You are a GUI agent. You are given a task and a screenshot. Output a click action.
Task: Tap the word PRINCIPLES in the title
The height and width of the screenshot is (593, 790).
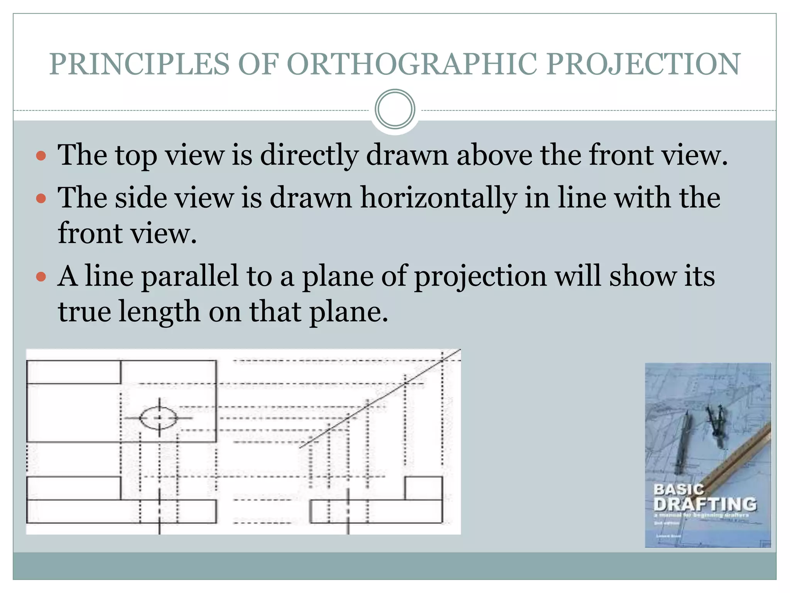pos(139,64)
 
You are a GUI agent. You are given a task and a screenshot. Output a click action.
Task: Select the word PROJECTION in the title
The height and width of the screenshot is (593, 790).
pos(643,64)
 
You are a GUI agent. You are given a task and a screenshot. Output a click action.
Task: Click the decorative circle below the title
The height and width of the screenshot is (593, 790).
pos(395,109)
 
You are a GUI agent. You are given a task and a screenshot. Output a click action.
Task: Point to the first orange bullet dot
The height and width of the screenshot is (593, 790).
pos(41,156)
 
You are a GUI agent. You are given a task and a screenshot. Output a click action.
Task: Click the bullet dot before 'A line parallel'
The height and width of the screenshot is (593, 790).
pos(41,277)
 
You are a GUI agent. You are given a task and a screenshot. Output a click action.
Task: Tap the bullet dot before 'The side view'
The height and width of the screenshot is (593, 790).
pos(41,199)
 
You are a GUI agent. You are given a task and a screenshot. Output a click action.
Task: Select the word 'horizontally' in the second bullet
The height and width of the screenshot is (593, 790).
pos(438,198)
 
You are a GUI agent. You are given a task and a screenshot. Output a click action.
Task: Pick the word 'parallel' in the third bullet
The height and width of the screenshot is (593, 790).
pos(191,276)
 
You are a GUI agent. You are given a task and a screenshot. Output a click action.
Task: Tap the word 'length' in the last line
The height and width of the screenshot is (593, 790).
pos(159,312)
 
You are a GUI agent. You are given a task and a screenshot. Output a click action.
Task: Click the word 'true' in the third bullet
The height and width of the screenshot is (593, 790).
pos(84,312)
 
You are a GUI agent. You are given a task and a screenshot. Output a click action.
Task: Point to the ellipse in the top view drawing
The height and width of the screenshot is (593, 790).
pos(159,418)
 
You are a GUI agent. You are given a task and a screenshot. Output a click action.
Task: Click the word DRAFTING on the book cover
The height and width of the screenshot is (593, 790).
pos(705,504)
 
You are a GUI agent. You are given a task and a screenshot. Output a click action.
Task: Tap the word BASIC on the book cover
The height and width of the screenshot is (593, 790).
pos(679,489)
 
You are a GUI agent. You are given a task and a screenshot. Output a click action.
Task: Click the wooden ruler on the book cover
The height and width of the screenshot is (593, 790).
pos(733,459)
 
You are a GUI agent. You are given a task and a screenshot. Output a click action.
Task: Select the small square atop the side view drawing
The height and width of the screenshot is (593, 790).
pos(423,488)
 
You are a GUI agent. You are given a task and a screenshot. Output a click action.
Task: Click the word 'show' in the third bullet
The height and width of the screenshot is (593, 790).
pos(642,276)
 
